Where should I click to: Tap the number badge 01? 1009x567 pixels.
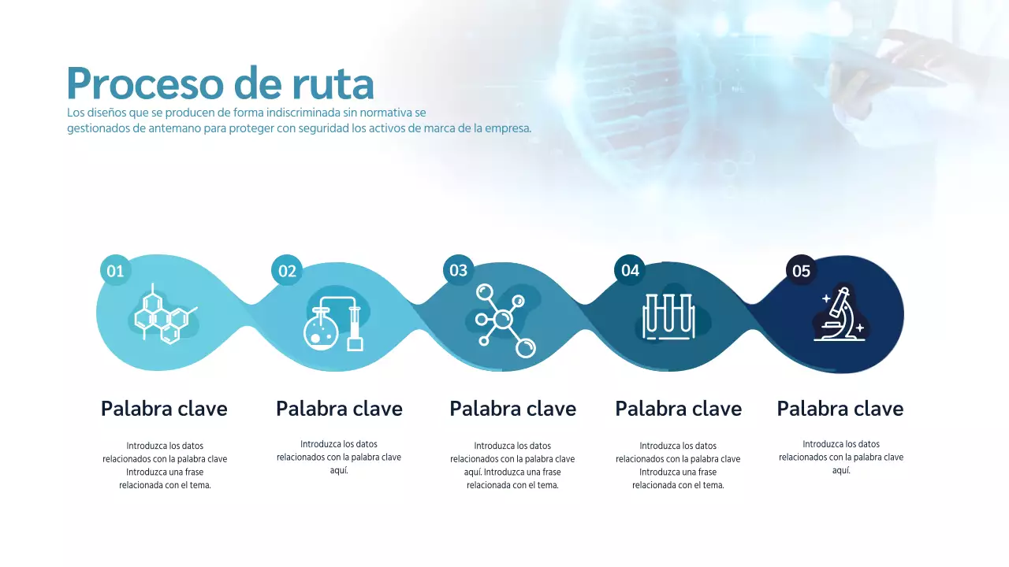click(x=115, y=271)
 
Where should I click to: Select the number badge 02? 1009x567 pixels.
click(x=287, y=271)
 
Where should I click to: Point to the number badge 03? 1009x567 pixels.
click(x=458, y=270)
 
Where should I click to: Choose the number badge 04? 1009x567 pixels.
click(x=630, y=270)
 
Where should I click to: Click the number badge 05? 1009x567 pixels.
click(x=801, y=271)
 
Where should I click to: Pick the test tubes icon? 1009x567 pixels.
click(x=668, y=317)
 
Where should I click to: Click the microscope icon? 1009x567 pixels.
click(x=840, y=315)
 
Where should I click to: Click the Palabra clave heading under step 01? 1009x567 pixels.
click(x=164, y=409)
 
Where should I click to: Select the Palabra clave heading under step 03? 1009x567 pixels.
click(x=512, y=409)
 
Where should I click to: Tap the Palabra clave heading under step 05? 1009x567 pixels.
click(x=840, y=409)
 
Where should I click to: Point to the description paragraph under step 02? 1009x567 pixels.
click(x=339, y=457)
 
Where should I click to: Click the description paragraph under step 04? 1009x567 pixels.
click(x=678, y=465)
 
